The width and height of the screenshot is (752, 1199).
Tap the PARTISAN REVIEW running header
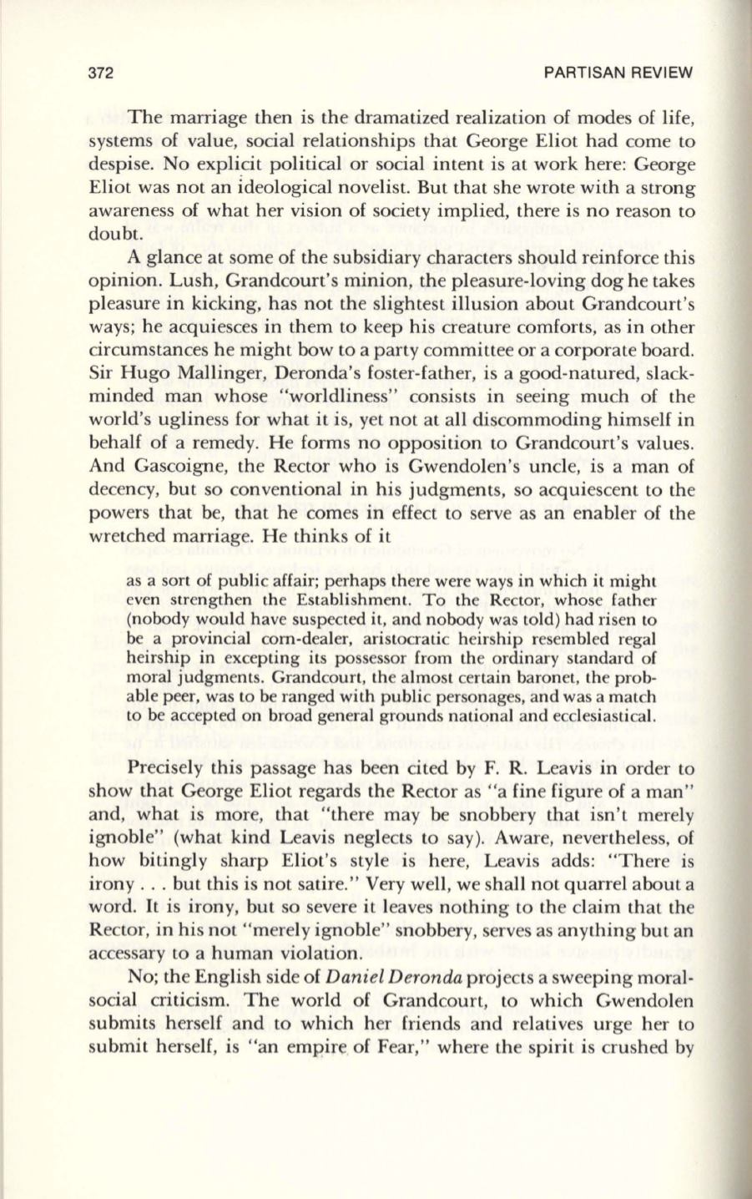tap(618, 72)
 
